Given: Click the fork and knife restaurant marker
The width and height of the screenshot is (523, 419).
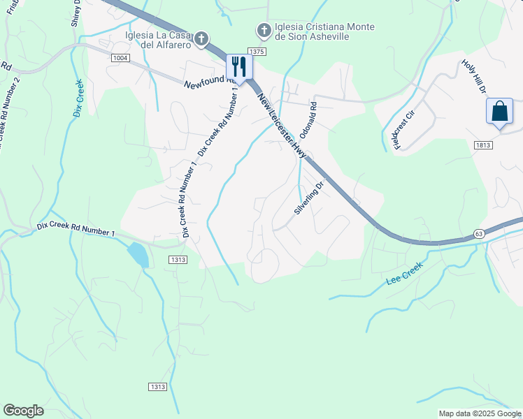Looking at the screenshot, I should (239, 68).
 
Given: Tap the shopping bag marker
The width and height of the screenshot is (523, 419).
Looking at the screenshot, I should (499, 112).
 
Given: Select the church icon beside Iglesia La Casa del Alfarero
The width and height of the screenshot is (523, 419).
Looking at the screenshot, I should (201, 38).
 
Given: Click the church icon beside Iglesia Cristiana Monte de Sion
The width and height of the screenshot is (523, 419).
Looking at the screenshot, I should (264, 30).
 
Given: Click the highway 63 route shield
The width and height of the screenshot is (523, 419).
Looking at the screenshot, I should (478, 233).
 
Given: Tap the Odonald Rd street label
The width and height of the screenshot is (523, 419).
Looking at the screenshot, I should (308, 120).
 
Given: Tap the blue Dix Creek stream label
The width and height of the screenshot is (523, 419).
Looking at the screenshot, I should (78, 98).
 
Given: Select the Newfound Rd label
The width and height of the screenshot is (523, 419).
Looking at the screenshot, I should (208, 83).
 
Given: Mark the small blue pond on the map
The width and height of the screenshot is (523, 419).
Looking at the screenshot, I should (138, 255).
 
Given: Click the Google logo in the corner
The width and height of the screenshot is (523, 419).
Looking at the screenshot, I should (23, 411).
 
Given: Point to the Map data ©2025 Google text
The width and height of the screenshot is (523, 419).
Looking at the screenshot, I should (480, 413).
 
